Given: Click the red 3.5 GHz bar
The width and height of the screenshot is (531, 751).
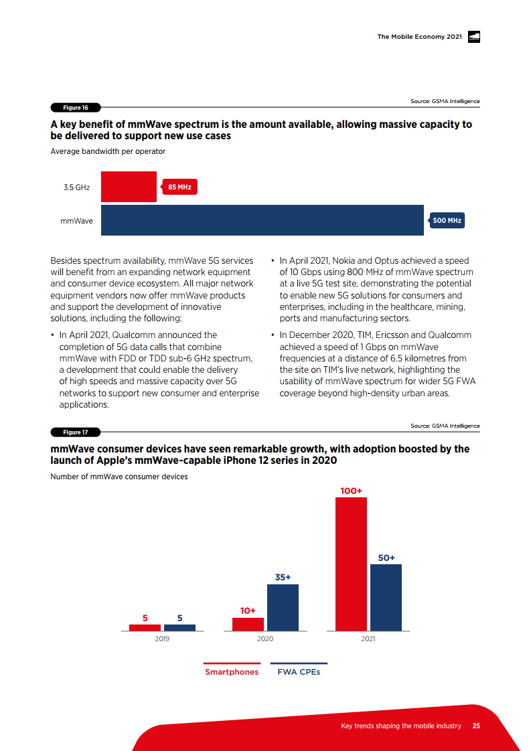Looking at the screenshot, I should click(x=129, y=187).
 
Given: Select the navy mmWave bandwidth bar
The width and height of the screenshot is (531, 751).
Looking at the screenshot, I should click(x=262, y=220).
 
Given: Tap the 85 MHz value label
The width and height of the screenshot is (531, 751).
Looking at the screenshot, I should click(x=179, y=187).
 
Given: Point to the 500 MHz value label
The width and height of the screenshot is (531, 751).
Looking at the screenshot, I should click(x=447, y=220).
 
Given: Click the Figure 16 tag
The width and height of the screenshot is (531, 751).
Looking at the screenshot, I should click(x=75, y=107).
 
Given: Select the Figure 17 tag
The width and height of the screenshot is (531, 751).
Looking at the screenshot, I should click(x=75, y=432).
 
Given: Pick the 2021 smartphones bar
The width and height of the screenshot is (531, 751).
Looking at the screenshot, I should click(x=351, y=564).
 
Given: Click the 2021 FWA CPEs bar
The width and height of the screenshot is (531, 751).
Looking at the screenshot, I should click(x=386, y=597).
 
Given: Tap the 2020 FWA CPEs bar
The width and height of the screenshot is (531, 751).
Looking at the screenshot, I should click(x=283, y=607).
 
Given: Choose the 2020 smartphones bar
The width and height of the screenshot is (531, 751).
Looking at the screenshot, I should click(x=248, y=624).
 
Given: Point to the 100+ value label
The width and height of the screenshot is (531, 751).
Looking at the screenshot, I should click(x=351, y=491).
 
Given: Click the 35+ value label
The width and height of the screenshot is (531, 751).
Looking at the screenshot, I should click(x=283, y=577).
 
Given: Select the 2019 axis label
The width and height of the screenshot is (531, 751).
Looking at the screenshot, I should click(x=162, y=639).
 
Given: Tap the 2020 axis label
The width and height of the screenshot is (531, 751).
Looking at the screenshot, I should click(x=265, y=639).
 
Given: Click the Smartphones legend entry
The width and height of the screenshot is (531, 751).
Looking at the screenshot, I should click(x=232, y=671).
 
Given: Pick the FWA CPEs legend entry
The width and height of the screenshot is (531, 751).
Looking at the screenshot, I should click(x=299, y=671).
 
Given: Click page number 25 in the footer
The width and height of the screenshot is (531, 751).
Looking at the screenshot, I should click(x=476, y=726).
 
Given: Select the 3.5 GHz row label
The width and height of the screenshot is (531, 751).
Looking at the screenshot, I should click(x=77, y=187).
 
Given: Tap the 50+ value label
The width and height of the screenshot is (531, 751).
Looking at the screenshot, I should click(x=386, y=557).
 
